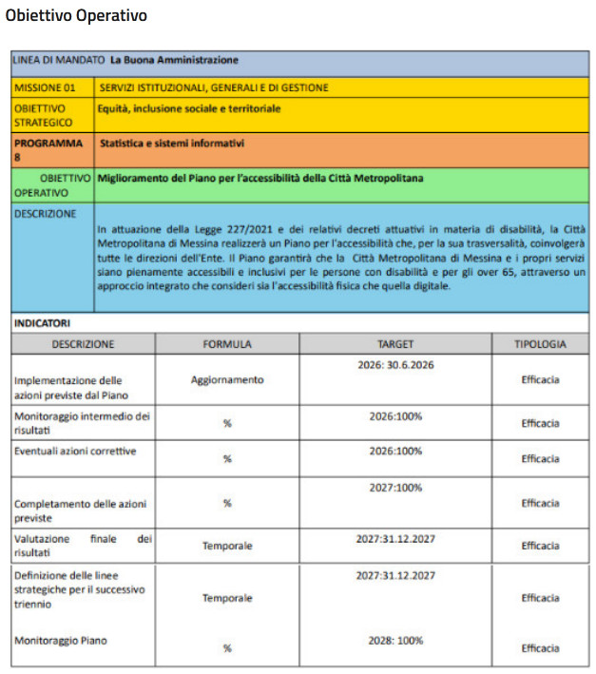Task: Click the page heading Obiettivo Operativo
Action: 77,16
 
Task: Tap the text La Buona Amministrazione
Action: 174,61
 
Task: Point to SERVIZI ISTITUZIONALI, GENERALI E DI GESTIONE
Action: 214,87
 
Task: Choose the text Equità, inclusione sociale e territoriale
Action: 189,108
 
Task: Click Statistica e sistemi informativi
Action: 172,144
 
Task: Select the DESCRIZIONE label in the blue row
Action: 45,214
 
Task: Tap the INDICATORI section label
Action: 44,323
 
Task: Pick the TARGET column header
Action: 395,344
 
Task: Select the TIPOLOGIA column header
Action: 540,344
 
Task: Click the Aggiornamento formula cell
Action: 226,379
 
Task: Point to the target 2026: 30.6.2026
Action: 395,364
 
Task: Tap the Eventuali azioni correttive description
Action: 75,450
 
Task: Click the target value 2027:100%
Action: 395,488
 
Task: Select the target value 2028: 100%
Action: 395,641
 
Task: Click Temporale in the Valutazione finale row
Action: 226,546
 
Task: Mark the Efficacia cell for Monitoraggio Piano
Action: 540,648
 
